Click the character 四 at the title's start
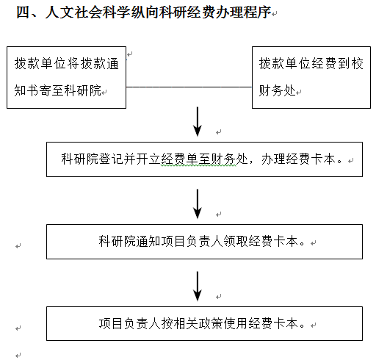pos(23,12)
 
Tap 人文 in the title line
pos(59,12)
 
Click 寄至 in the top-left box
pos(51,90)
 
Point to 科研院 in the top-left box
pos(83,90)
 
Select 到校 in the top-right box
pos(350,64)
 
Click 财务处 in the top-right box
pos(278,90)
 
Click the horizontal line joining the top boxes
pos(189,87)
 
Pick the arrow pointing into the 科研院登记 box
pos(198,121)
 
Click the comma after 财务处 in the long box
pos(252,162)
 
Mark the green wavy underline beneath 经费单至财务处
pos(198,166)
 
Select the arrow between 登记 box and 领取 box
pos(198,204)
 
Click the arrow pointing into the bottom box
pos(198,286)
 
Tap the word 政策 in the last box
pos(211,323)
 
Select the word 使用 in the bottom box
pos(236,323)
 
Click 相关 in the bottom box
pos(186,323)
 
